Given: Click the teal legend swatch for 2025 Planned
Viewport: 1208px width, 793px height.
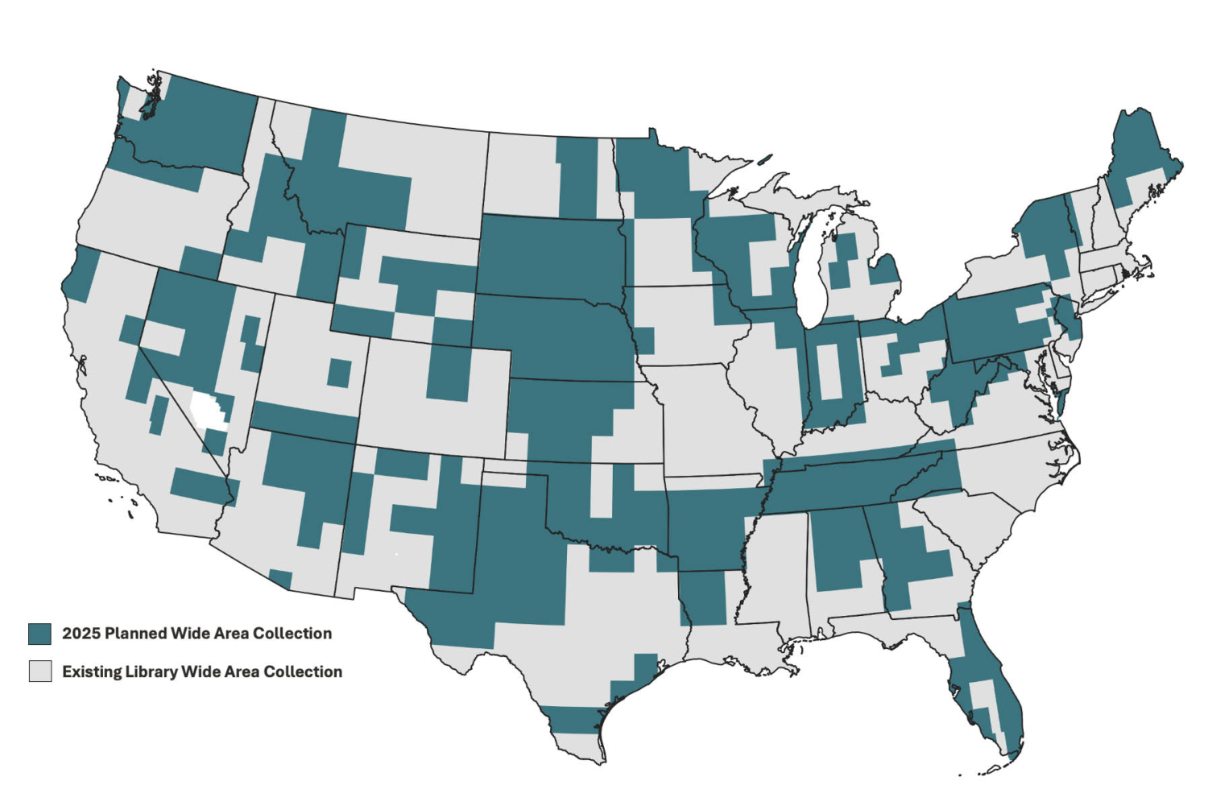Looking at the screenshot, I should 39,634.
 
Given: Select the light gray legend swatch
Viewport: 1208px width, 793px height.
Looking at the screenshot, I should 39,671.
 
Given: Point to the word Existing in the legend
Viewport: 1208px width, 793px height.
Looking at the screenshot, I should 91,671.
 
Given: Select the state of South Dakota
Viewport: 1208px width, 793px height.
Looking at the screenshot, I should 552,254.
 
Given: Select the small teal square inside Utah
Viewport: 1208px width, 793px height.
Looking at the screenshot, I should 339,373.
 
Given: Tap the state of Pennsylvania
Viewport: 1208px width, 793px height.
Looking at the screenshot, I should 999,322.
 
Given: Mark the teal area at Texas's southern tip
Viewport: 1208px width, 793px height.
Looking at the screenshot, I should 572,719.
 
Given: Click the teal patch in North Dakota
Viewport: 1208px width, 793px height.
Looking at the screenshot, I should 577,177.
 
